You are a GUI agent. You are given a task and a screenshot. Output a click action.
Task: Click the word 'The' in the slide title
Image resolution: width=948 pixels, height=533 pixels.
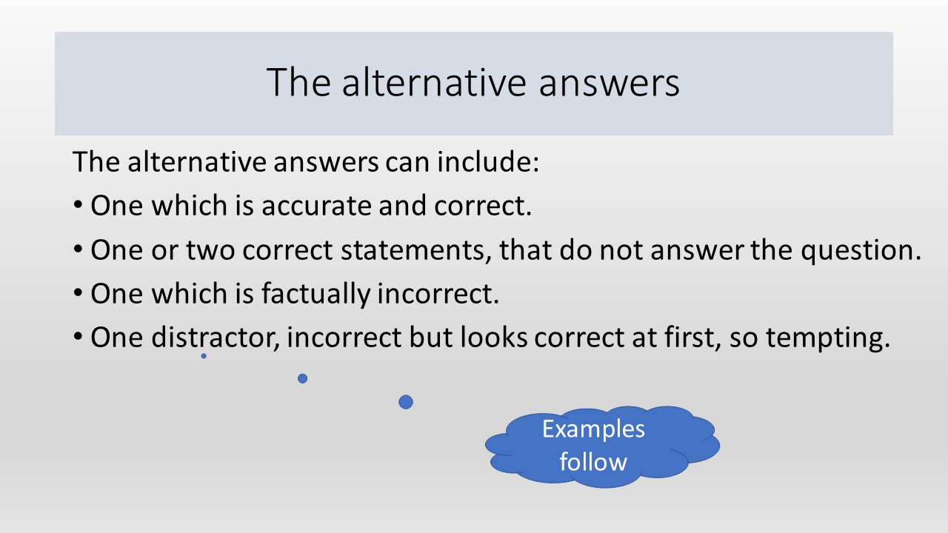tap(298, 82)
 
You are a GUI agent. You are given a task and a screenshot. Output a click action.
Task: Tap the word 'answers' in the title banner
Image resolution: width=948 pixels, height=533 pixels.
tap(609, 84)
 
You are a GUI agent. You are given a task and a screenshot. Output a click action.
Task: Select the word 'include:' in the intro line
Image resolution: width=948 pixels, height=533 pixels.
tap(488, 161)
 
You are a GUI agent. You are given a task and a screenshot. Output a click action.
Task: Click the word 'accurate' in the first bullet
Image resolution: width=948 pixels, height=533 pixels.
tap(316, 206)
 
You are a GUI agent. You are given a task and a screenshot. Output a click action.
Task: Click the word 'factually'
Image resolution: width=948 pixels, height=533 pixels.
tap(316, 294)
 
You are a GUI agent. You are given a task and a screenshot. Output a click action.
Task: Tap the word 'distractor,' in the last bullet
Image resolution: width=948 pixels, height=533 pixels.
tap(216, 337)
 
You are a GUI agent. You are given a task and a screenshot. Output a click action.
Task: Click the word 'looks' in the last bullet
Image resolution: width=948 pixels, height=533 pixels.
tap(494, 337)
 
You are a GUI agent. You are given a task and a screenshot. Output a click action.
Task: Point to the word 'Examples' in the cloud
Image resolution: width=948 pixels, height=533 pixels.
tap(593, 430)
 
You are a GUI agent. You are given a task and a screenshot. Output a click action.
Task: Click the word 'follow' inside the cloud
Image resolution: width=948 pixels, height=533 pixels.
tap(593, 461)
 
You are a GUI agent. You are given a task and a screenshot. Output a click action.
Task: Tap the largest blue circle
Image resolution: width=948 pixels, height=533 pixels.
tap(406, 402)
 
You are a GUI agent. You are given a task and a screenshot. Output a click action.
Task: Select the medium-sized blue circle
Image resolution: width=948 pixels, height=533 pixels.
tap(303, 378)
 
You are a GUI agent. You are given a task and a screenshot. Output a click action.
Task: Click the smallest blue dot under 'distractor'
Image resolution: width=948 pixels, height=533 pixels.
tap(204, 356)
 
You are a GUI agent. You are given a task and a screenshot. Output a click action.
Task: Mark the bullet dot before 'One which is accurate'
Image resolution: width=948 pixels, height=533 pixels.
tap(78, 205)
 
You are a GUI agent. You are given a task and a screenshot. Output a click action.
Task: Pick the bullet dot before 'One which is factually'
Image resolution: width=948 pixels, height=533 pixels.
tap(78, 292)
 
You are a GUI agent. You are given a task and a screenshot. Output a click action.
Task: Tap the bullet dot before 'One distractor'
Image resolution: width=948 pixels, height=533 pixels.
tap(78, 337)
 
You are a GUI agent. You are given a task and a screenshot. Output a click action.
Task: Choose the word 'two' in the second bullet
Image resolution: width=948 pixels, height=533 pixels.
tap(210, 250)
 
